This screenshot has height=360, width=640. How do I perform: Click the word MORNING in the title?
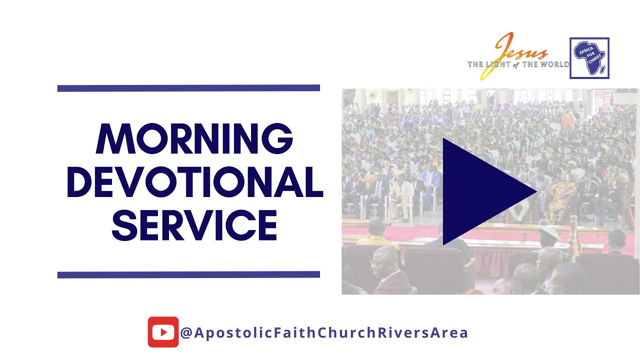click(194, 138)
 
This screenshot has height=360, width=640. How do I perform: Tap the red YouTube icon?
click(163, 332)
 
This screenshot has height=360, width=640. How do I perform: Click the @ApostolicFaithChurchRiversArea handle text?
click(324, 332)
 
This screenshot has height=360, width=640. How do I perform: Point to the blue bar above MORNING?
click(188, 88)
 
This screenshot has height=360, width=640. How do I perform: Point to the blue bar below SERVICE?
click(188, 274)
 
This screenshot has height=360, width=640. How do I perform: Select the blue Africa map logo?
click(589, 58)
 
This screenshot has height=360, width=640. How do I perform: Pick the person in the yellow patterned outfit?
click(560, 200)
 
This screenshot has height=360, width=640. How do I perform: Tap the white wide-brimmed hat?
click(549, 231)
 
